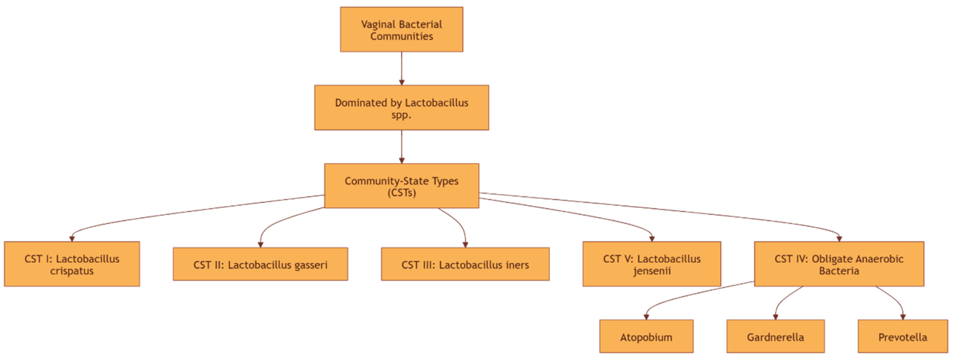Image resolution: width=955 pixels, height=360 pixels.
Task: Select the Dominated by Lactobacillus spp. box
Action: [x=401, y=108]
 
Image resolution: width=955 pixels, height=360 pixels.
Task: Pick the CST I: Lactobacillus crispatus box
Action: [x=72, y=264]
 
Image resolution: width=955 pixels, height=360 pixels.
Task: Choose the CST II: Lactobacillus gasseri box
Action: [x=260, y=264]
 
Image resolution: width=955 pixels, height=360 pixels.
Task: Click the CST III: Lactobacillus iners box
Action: [x=465, y=264]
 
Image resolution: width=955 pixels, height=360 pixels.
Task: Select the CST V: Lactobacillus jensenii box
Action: [x=652, y=264]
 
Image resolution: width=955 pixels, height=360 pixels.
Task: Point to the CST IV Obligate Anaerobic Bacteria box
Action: [x=839, y=264]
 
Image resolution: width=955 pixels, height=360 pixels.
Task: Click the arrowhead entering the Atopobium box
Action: [x=646, y=317]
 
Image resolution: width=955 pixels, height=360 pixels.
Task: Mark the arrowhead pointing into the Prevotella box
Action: [x=903, y=317]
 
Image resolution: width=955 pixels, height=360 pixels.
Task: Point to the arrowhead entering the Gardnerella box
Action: [x=775, y=317]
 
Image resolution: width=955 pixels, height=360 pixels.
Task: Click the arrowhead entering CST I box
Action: [x=72, y=239]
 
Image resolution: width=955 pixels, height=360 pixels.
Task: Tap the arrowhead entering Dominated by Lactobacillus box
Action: [x=401, y=82]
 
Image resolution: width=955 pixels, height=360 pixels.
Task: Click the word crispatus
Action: [x=72, y=271]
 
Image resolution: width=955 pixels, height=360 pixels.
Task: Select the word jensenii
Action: [x=652, y=271]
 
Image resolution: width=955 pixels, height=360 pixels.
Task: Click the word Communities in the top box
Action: [x=401, y=36]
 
